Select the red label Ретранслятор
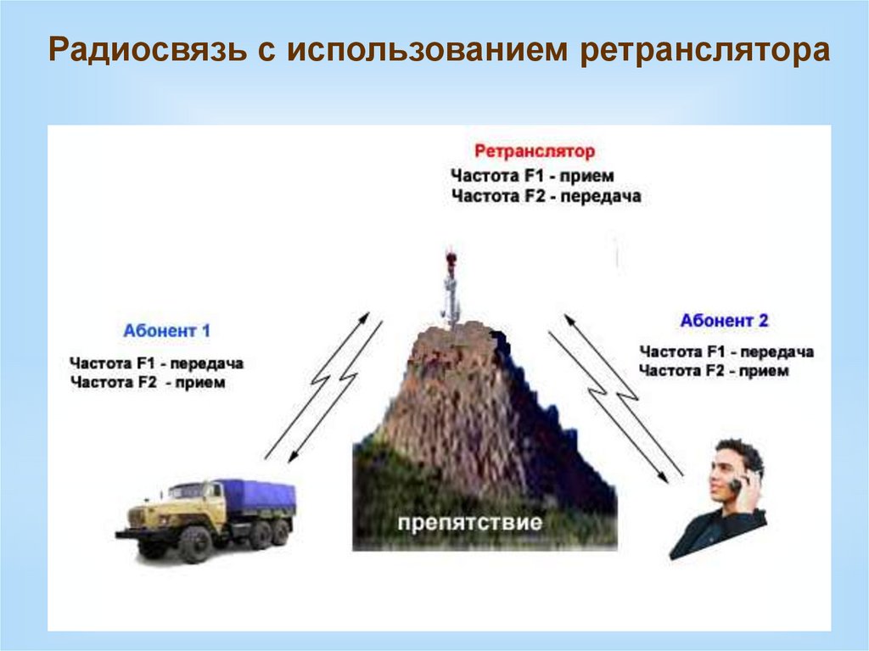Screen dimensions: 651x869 [x=535, y=152]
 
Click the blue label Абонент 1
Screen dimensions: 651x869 [x=166, y=331]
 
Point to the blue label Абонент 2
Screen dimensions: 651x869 [x=724, y=321]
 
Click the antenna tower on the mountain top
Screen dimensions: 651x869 [x=451, y=289]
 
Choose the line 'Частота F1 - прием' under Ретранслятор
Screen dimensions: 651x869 [x=533, y=177]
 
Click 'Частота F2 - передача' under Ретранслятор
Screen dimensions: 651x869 [x=547, y=197]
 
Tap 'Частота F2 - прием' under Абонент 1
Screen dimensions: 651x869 [x=149, y=383]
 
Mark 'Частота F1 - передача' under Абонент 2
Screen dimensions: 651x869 [x=726, y=351]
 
